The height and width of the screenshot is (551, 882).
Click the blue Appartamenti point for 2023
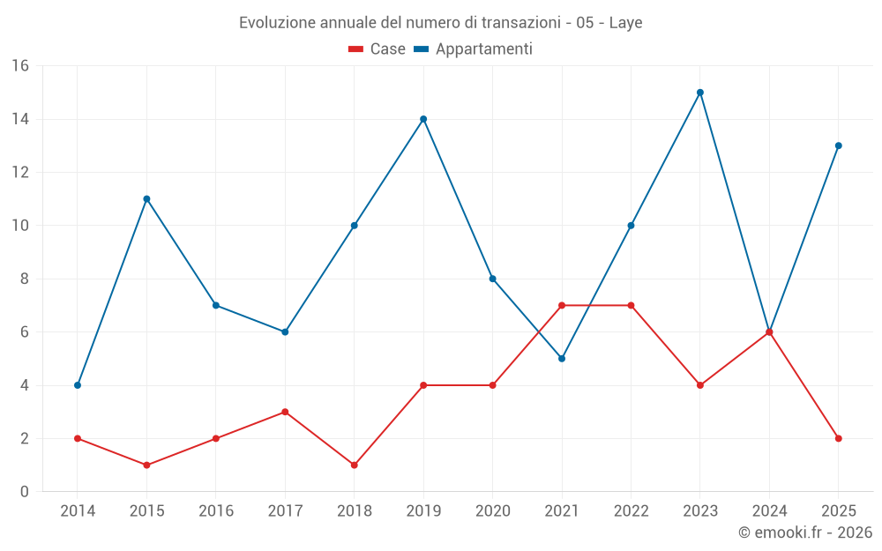[x=699, y=93]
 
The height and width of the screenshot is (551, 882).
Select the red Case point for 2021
[x=561, y=305]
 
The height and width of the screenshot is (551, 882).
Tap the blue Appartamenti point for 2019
[x=423, y=119]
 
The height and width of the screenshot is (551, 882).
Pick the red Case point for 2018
[x=354, y=465]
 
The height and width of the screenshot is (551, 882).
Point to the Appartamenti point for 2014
[x=78, y=385]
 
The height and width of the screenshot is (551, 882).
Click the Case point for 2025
[x=838, y=438]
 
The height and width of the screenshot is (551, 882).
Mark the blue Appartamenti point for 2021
[x=561, y=359]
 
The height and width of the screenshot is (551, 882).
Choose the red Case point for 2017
[x=285, y=412]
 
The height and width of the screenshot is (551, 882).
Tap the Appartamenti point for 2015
[x=146, y=199]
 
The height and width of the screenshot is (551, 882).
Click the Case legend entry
[x=377, y=48]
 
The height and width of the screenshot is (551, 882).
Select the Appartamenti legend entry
[x=473, y=48]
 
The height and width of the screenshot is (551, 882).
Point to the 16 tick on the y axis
[x=20, y=66]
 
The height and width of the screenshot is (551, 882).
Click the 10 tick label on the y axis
[x=20, y=226]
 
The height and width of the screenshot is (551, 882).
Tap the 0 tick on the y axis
[x=24, y=491]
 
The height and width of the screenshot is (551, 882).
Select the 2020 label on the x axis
[x=493, y=510]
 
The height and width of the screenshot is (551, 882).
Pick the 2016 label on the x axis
[x=216, y=510]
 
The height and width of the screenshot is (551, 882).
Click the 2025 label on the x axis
[x=838, y=510]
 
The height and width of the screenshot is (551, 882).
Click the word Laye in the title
[x=625, y=23]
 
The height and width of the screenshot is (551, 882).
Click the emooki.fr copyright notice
[x=805, y=532]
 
